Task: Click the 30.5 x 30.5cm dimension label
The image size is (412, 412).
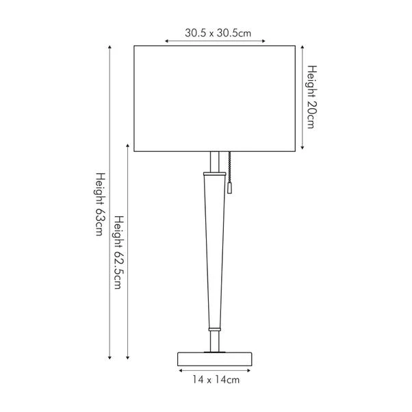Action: point(218,33)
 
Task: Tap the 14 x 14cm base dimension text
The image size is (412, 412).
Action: point(216,380)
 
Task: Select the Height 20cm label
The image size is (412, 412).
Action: point(312,97)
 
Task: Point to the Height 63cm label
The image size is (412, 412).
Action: point(101,204)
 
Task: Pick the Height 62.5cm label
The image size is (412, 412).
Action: point(120,253)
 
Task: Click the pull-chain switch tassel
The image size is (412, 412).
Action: point(229,188)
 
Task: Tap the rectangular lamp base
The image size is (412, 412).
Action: point(215,359)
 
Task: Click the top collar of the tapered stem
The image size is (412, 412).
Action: point(214,174)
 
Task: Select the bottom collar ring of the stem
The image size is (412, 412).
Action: point(215,329)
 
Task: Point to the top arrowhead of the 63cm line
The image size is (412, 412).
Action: point(110,47)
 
